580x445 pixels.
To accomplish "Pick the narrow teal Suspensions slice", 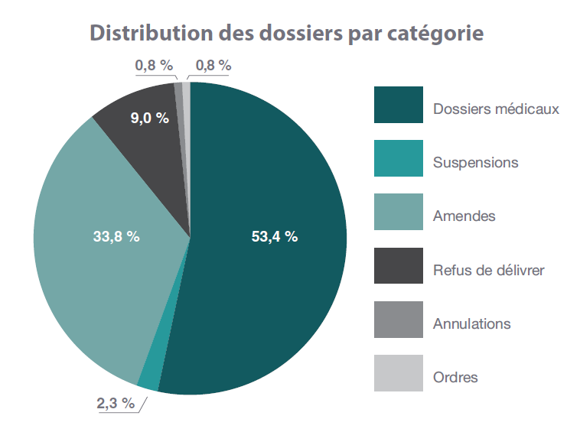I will [x=150, y=376].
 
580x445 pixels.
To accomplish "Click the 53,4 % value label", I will [x=274, y=237].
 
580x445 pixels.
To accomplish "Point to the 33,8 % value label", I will [x=116, y=237].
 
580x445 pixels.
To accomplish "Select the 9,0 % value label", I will [x=149, y=118].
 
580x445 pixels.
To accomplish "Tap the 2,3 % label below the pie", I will [x=116, y=404].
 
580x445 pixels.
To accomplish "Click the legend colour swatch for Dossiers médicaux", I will [x=398, y=105].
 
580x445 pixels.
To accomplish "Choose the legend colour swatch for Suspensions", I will [x=398, y=158].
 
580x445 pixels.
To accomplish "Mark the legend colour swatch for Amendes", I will [x=398, y=212].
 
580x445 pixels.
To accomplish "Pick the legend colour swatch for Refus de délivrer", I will [x=398, y=265].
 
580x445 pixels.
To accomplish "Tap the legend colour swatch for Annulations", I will [x=398, y=320].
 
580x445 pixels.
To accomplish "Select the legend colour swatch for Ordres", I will [x=398, y=373].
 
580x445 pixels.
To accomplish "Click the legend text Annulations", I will [x=471, y=324].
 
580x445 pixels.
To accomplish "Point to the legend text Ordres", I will [x=455, y=378].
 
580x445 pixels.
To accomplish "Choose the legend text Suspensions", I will [x=475, y=163].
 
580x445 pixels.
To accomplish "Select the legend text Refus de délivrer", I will [x=488, y=270].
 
